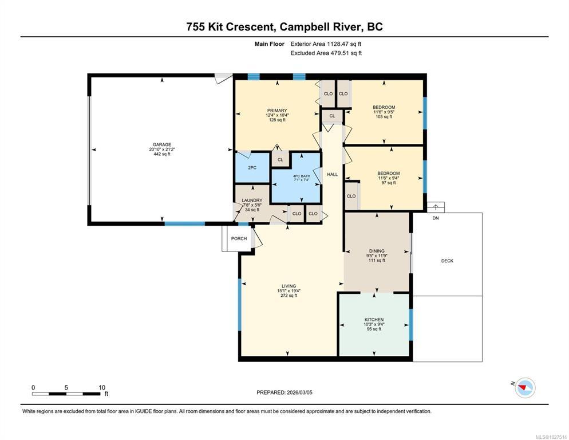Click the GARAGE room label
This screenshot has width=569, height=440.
[162, 144]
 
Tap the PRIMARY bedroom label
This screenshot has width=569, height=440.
[277, 111]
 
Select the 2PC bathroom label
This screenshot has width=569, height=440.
[252, 168]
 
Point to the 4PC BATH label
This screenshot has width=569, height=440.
[302, 176]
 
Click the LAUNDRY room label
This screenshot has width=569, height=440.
[252, 200]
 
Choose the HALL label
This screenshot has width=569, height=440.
[333, 174]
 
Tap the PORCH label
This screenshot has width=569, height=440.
[239, 238]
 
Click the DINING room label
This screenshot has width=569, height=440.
[377, 251]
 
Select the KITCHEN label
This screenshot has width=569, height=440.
[374, 319]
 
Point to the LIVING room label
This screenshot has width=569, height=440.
[289, 286]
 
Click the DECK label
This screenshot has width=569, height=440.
[447, 261]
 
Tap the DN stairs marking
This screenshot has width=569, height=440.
[436, 218]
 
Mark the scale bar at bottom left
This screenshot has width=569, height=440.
[66, 394]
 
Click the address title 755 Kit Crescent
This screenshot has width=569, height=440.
[230, 27]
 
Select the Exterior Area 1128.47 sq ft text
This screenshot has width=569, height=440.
[326, 44]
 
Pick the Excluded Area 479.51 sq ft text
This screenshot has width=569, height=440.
[326, 53]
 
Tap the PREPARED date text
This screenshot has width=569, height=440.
[284, 392]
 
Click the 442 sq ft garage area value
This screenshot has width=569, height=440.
[162, 154]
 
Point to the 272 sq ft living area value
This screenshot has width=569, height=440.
[289, 296]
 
